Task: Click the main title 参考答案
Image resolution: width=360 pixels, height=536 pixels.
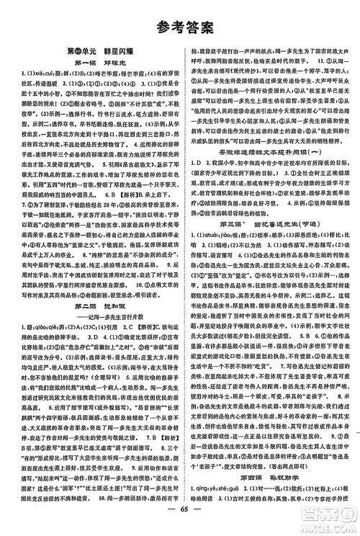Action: pos(180,30)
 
